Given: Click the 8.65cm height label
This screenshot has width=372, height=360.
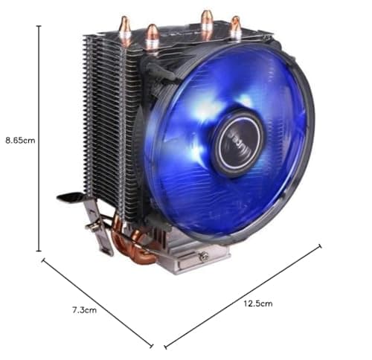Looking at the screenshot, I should [20, 139].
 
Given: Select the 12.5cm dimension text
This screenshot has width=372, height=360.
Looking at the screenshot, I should [257, 303].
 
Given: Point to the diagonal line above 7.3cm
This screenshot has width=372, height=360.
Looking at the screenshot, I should [97, 303].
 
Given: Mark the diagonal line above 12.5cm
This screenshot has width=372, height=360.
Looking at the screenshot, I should [243, 295].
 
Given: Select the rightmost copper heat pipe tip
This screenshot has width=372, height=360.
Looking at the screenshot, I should [235, 26].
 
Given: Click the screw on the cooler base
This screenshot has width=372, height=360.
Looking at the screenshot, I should [203, 257].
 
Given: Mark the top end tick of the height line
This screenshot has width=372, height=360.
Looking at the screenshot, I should [39, 25].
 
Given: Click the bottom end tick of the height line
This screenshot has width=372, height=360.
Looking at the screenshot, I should [39, 252].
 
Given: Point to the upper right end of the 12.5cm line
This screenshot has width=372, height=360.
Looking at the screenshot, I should [321, 245].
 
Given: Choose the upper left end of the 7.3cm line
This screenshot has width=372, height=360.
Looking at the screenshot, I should [43, 260].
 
